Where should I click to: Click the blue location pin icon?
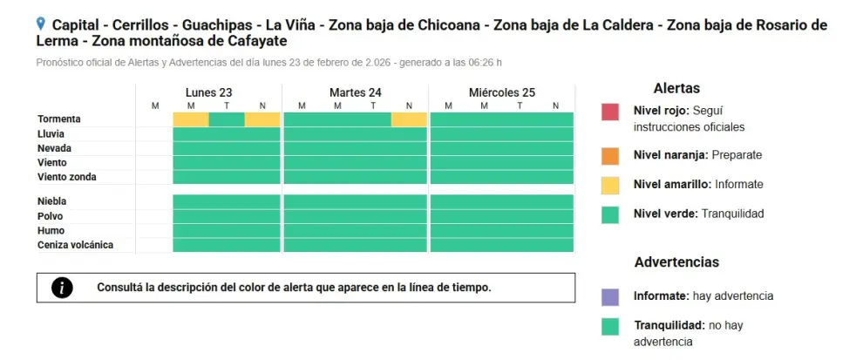pyautogui.click(x=40, y=24)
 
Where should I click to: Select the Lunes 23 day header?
pyautogui.click(x=208, y=92)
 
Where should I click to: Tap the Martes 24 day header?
pyautogui.click(x=356, y=92)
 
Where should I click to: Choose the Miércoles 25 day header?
pyautogui.click(x=502, y=92)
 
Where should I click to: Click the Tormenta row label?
pyautogui.click(x=59, y=119)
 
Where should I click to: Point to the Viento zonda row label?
pyautogui.click(x=66, y=177)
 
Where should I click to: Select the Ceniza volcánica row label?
pyautogui.click(x=75, y=245)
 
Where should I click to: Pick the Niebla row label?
pyautogui.click(x=51, y=201)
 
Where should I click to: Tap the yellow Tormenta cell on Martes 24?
pyautogui.click(x=409, y=119)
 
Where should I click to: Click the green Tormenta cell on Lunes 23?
pyautogui.click(x=227, y=119)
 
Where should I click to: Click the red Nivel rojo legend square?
pyautogui.click(x=610, y=112)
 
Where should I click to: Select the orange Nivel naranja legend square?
pyautogui.click(x=610, y=156)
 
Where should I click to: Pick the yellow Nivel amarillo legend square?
pyautogui.click(x=610, y=186)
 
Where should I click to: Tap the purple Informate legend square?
pyautogui.click(x=610, y=297)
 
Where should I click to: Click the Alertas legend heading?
pyautogui.click(x=676, y=88)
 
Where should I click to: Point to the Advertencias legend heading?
pyautogui.click(x=676, y=262)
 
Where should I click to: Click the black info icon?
pyautogui.click(x=62, y=288)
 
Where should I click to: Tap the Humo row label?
pyautogui.click(x=51, y=231)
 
